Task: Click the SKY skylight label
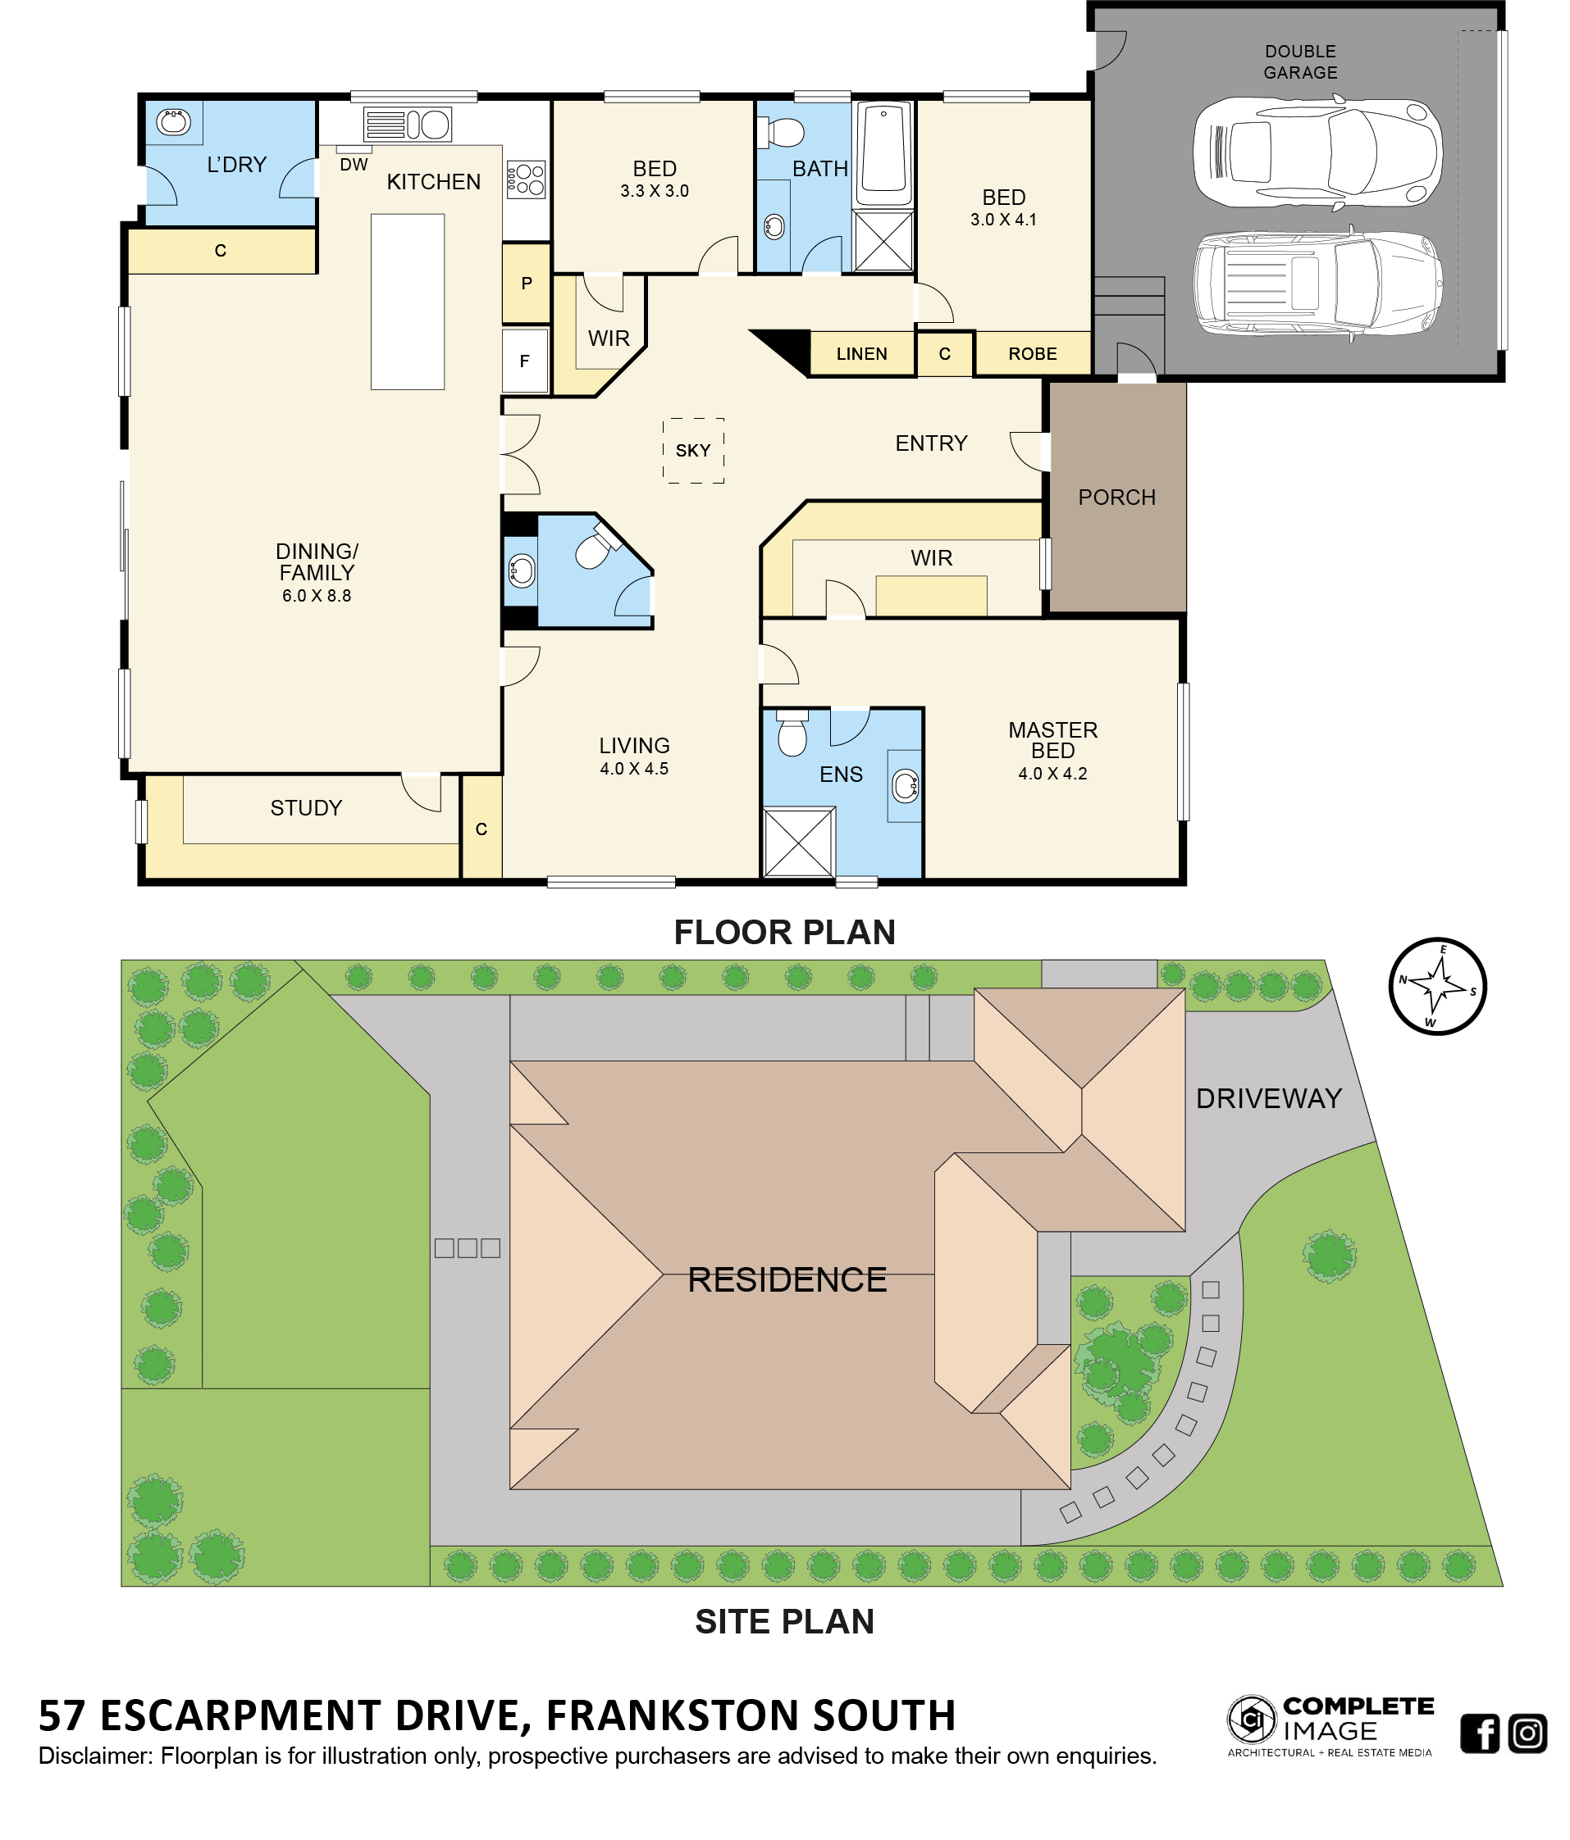[x=692, y=450]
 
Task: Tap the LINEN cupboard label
[x=861, y=353]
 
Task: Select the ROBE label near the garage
[x=1033, y=353]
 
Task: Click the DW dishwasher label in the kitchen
[x=354, y=164]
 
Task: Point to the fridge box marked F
[x=525, y=361]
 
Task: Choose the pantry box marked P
[x=526, y=284]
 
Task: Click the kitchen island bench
[x=407, y=301]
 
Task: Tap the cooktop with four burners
[x=525, y=179]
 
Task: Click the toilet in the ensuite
[x=792, y=732]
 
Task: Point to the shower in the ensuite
[x=799, y=842]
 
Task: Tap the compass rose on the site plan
[x=1437, y=986]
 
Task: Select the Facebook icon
[x=1480, y=1733]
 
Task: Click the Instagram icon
[x=1527, y=1733]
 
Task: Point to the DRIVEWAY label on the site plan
[x=1268, y=1098]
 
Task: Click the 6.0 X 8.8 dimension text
[x=317, y=596]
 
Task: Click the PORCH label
[x=1117, y=497]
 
